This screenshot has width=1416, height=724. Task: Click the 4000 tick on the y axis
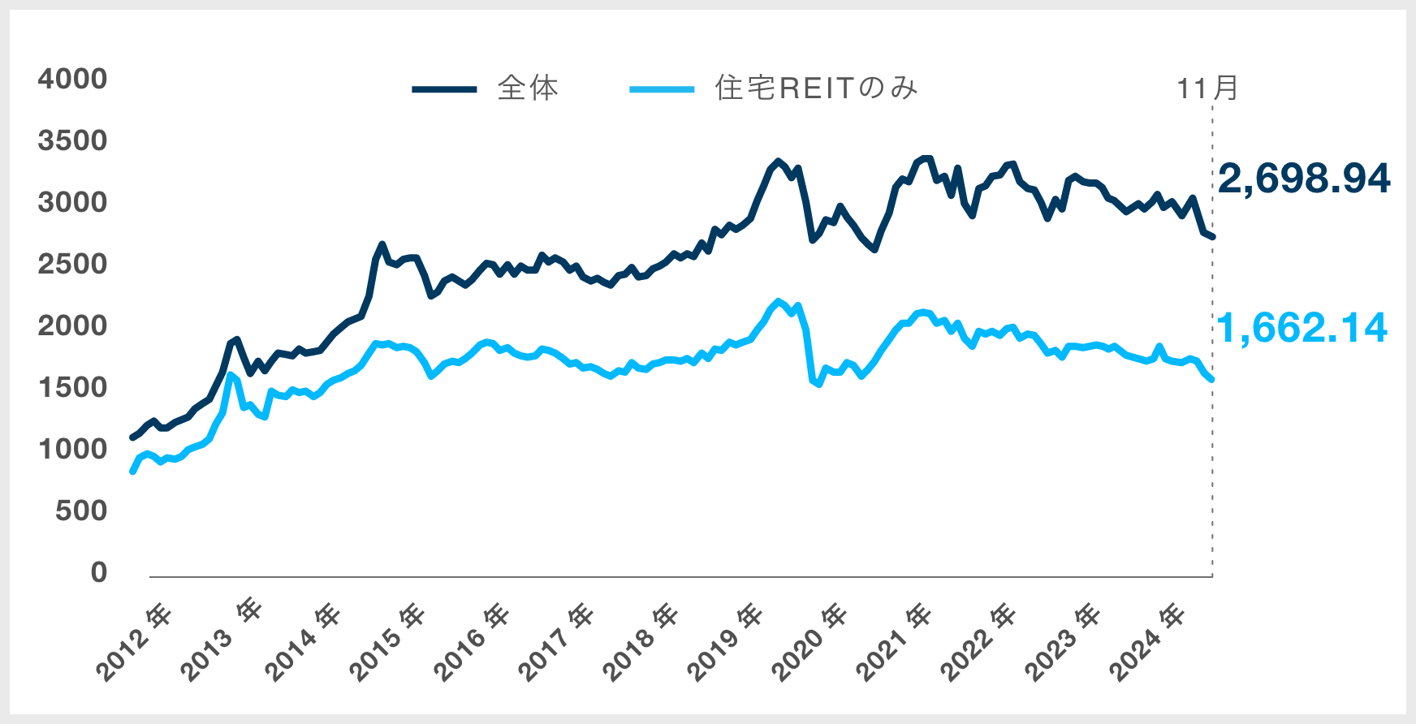click(x=72, y=80)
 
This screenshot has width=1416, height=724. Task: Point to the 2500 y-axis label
click(x=72, y=265)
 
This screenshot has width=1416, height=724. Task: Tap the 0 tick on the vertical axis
click(x=99, y=573)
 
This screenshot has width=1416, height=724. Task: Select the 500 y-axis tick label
click(x=81, y=511)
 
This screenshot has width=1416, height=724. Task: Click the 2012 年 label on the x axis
click(x=135, y=641)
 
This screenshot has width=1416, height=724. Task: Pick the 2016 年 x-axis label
click(x=472, y=641)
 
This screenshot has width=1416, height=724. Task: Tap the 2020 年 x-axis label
click(x=809, y=641)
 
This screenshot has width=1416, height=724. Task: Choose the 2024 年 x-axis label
click(x=1146, y=641)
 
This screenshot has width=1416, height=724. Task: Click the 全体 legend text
click(x=528, y=88)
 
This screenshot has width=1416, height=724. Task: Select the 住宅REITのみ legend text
click(x=816, y=88)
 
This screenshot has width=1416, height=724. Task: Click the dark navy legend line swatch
click(x=444, y=89)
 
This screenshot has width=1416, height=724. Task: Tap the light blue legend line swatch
click(x=662, y=89)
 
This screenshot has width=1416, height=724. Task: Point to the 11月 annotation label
click(x=1207, y=88)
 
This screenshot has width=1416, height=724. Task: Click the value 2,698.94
click(x=1304, y=179)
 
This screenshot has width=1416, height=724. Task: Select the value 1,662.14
click(x=1302, y=328)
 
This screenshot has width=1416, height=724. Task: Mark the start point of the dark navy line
click(x=132, y=437)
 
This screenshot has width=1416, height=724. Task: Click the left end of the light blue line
click(x=132, y=472)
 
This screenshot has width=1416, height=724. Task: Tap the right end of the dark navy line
click(x=1212, y=237)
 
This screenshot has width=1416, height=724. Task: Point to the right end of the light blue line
click(x=1212, y=380)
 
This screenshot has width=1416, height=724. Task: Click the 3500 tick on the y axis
click(x=72, y=141)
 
